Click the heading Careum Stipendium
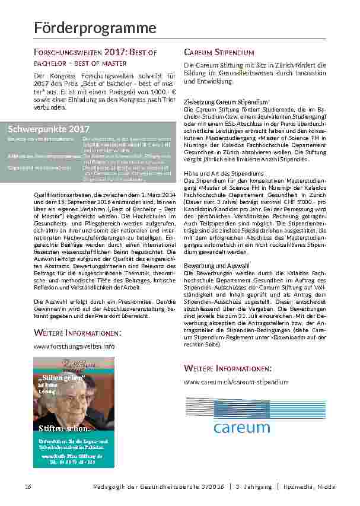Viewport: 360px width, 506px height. (x=219, y=52)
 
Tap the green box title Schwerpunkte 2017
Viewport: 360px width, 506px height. (x=49, y=129)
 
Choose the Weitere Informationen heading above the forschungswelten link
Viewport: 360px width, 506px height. (x=69, y=333)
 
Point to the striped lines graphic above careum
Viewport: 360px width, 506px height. (x=256, y=407)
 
